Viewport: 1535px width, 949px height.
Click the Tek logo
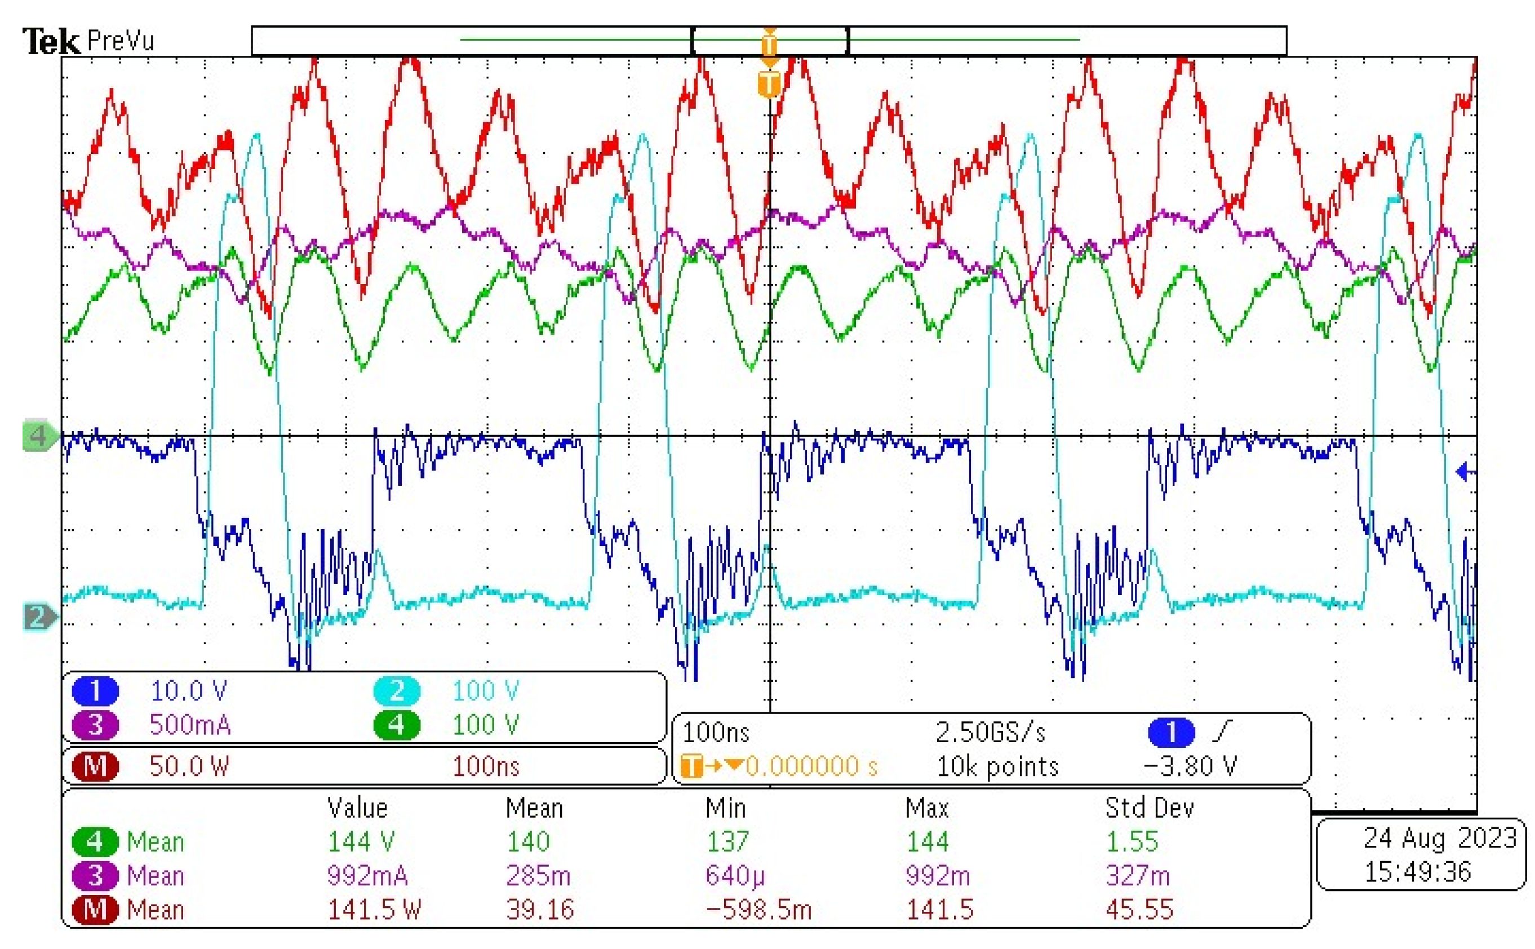[x=51, y=42]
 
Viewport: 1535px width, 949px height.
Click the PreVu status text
[x=121, y=42]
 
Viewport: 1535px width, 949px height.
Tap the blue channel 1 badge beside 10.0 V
[x=95, y=691]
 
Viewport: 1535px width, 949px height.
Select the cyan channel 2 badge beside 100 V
[x=397, y=691]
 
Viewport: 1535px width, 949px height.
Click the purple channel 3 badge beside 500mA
[x=95, y=725]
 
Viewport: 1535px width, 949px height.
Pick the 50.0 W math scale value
[x=189, y=766]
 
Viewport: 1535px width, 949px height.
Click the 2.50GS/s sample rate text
[x=990, y=733]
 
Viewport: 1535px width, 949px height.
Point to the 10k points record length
[x=997, y=766]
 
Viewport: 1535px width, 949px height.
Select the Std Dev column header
[x=1149, y=808]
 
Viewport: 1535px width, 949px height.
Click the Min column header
[x=725, y=808]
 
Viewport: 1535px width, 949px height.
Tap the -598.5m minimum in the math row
[x=758, y=910]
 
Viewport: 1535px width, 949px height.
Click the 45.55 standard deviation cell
[x=1139, y=910]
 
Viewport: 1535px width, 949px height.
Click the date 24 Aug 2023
[x=1440, y=838]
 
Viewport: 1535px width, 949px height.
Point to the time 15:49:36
[x=1418, y=872]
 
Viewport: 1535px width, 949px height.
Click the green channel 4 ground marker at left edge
[x=39, y=436]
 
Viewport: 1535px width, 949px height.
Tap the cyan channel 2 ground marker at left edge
[x=39, y=617]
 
